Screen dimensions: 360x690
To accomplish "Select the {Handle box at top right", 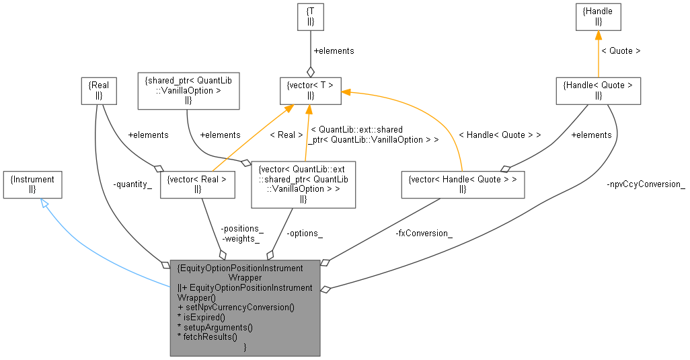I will coord(598,17).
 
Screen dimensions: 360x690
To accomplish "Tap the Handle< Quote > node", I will coord(598,90).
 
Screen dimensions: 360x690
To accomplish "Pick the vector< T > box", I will coord(310,90).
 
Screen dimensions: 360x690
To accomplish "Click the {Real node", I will coord(98,90).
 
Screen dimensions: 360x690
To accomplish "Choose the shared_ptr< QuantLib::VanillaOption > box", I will coord(188,90).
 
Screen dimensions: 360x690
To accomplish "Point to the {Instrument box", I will coord(32,184).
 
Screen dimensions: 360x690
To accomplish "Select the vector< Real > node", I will coord(197,184).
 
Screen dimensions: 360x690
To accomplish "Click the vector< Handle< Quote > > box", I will coord(463,184).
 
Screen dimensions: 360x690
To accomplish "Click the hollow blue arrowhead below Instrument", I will coord(44,203).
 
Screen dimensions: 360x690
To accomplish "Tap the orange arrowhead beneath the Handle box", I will coord(598,36).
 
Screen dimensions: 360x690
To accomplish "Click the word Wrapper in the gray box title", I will coord(244,277).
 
